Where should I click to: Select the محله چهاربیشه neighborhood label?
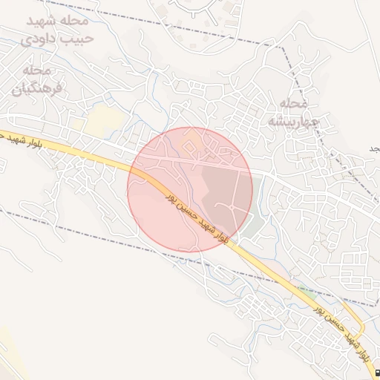point(292,111)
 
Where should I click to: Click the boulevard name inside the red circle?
point(194,215)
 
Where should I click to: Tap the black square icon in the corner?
point(376,373)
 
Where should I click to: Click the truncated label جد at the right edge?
point(373,148)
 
